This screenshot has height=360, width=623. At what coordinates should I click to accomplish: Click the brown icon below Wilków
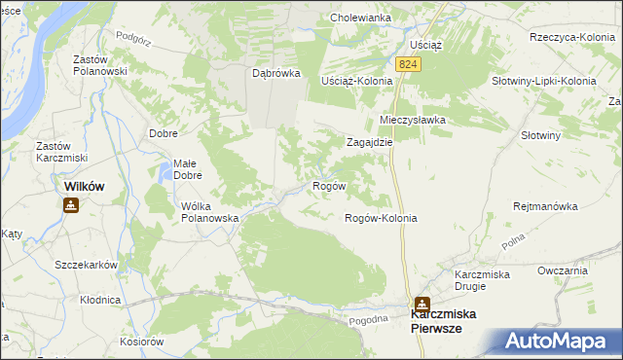[x=71, y=205]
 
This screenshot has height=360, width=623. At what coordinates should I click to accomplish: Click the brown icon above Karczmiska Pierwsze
[x=421, y=304]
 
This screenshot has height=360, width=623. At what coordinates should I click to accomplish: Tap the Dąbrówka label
[x=275, y=73]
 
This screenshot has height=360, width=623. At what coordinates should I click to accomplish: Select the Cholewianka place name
[x=360, y=18]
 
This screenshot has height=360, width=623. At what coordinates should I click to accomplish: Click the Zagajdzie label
[x=370, y=141]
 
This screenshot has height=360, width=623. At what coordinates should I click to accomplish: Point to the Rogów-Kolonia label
[x=381, y=218]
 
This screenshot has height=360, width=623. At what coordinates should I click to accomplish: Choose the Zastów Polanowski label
[x=101, y=65]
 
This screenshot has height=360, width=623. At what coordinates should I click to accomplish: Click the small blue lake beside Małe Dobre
[x=162, y=175]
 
